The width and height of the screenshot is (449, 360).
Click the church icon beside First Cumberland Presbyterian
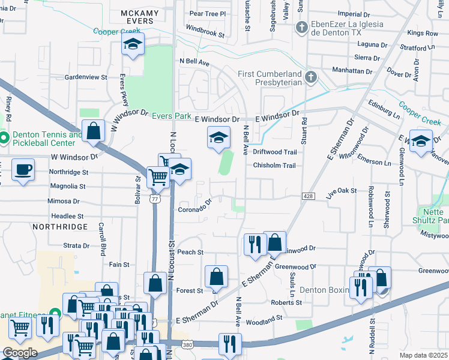(310, 77)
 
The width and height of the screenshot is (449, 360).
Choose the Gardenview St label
(85, 77)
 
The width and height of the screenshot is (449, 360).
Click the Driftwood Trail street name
(275, 152)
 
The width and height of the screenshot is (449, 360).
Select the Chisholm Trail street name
(274, 166)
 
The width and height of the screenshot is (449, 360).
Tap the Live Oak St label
(342, 191)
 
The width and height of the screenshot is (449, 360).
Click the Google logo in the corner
(20, 353)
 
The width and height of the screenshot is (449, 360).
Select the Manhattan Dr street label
(352, 71)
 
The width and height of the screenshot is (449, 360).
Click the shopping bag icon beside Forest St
(216, 277)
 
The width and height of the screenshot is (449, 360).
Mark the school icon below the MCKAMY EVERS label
(133, 44)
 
